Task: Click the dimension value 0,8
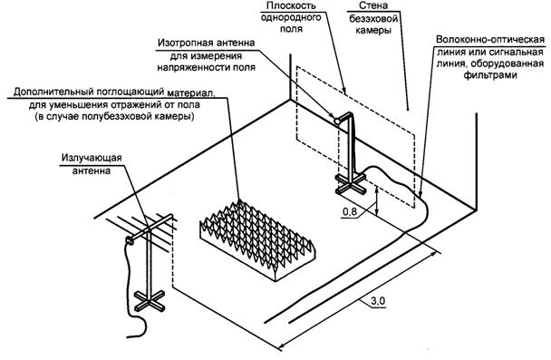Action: click(349, 211)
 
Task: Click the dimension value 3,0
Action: click(378, 301)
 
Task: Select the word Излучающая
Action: click(92, 158)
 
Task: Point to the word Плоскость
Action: click(291, 5)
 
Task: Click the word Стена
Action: click(373, 5)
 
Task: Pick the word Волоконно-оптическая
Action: click(490, 39)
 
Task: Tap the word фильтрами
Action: click(490, 75)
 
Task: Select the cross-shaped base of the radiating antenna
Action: click(150, 300)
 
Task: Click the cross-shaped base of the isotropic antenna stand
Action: click(351, 183)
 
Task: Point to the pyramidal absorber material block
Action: click(257, 239)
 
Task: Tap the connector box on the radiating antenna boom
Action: click(130, 240)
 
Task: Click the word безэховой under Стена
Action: click(373, 18)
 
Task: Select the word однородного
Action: click(291, 17)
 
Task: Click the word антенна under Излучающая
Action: click(92, 170)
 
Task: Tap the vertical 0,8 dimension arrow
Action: click(377, 200)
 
